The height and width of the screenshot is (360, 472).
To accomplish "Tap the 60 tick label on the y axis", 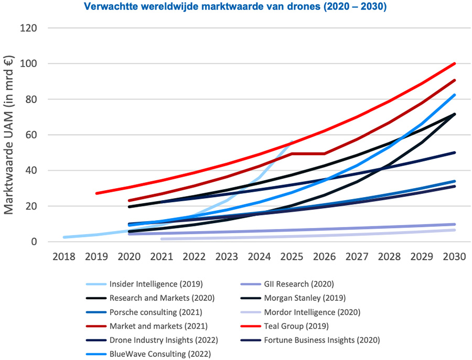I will click(29, 135).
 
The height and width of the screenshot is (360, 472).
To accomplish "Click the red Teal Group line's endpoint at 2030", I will click(454, 63).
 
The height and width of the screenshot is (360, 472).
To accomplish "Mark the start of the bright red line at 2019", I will click(97, 193).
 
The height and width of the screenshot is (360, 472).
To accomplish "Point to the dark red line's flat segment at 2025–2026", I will click(308, 154).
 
